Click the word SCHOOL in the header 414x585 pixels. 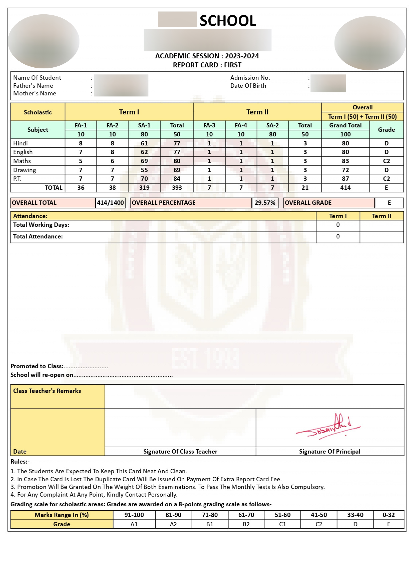pyautogui.click(x=228, y=21)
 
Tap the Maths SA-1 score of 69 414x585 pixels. pyautogui.click(x=144, y=161)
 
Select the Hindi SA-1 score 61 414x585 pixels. pyautogui.click(x=144, y=143)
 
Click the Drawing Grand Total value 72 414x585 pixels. pyautogui.click(x=345, y=170)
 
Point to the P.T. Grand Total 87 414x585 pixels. pyautogui.click(x=345, y=179)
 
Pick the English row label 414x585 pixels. pyautogui.click(x=23, y=152)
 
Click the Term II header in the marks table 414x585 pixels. pyautogui.click(x=257, y=112)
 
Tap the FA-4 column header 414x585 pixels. pyautogui.click(x=241, y=125)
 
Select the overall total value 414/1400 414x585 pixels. pyautogui.click(x=111, y=203)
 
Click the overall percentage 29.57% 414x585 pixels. pyautogui.click(x=265, y=203)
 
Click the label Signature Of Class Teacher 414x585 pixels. pyautogui.click(x=180, y=452)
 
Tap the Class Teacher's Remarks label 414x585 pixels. pyautogui.click(x=47, y=391)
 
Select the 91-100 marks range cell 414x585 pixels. pyautogui.click(x=134, y=515)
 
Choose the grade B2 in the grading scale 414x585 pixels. pyautogui.click(x=246, y=524)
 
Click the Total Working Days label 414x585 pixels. pyautogui.click(x=41, y=225)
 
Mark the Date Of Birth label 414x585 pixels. pyautogui.click(x=248, y=86)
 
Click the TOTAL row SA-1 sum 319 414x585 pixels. pyautogui.click(x=144, y=188)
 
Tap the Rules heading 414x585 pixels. pyautogui.click(x=20, y=462)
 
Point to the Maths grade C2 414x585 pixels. pyautogui.click(x=386, y=161)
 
